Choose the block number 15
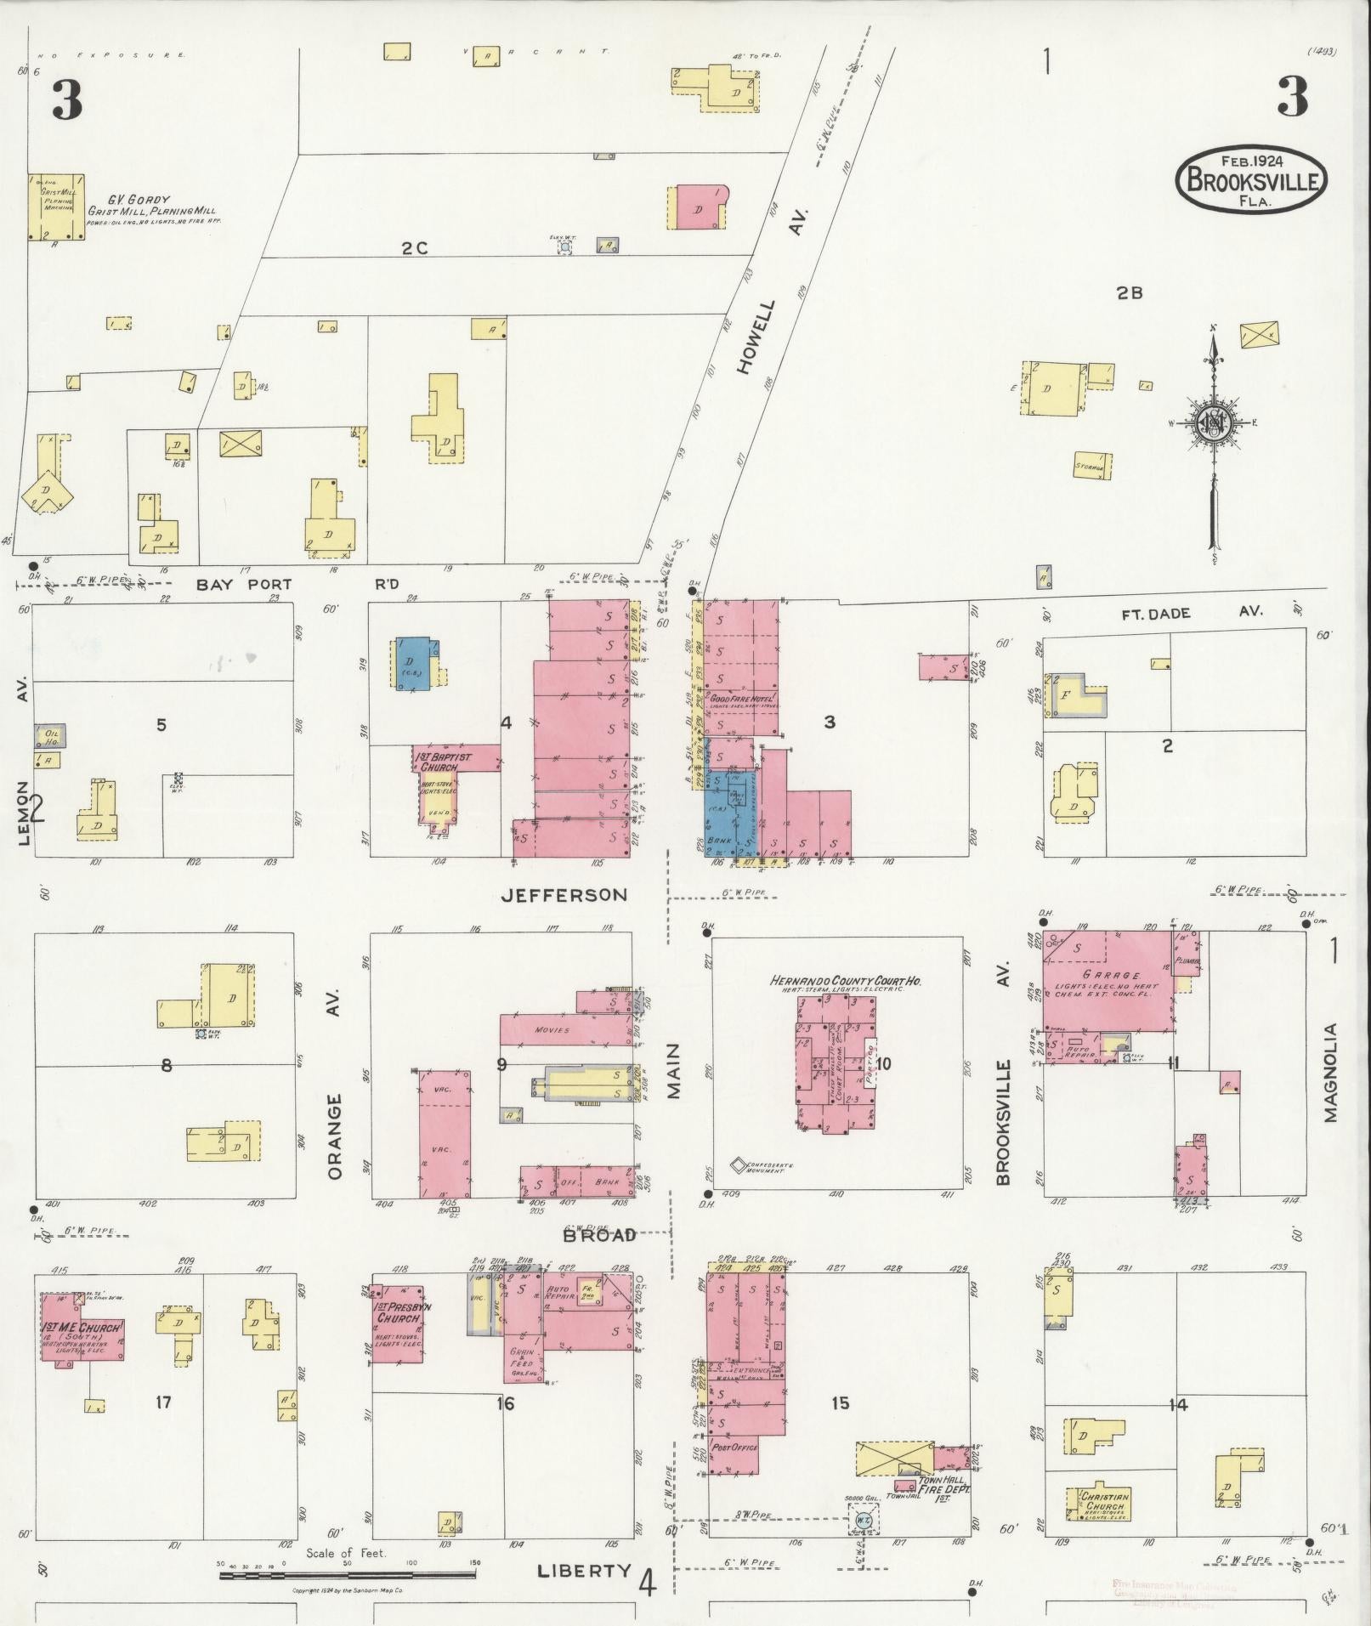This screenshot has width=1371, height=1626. pyautogui.click(x=840, y=1403)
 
